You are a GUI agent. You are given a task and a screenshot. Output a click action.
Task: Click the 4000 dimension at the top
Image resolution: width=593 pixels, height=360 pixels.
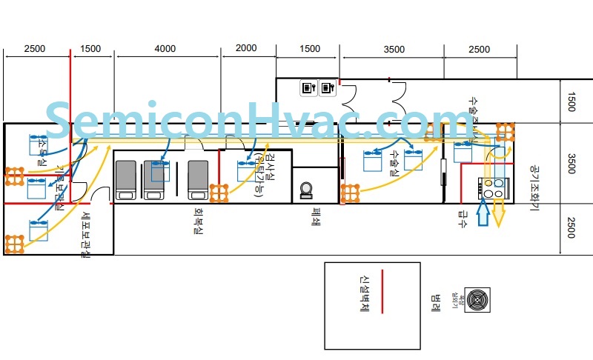165,49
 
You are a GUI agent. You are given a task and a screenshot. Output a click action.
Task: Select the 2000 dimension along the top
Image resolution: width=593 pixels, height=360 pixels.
246,48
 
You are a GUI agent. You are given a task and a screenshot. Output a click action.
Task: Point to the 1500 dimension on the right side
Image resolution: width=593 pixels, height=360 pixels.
571,101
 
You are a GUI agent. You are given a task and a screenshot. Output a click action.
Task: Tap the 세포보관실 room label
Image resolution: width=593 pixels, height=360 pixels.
86,236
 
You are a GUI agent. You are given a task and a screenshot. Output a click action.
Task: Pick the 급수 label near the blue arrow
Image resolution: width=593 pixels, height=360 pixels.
463,218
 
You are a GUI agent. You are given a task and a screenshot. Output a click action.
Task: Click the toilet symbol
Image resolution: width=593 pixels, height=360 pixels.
305,190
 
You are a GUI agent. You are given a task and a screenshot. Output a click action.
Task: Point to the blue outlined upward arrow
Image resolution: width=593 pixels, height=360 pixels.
482,214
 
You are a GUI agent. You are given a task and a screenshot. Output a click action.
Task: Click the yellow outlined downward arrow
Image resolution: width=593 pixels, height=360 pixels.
499,214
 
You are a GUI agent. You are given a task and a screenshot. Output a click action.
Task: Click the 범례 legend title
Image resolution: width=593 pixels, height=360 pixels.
435,303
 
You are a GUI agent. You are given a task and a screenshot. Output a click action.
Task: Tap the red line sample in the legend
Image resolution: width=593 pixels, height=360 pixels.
381,292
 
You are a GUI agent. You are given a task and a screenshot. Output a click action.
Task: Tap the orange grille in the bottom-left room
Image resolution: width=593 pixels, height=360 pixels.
14,244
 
